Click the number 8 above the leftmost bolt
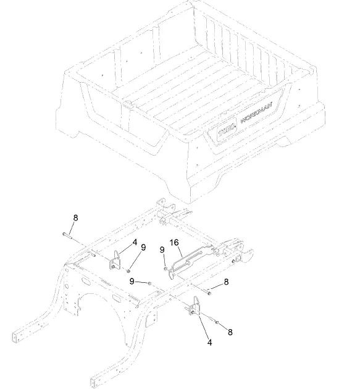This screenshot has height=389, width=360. click(x=75, y=217)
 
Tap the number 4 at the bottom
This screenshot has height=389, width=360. click(x=209, y=341)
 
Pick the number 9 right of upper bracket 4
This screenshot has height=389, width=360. click(x=143, y=248)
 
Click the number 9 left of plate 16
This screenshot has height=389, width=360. click(x=162, y=250)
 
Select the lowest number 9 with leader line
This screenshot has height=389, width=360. click(x=132, y=281)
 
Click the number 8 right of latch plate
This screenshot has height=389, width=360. click(x=227, y=282)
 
